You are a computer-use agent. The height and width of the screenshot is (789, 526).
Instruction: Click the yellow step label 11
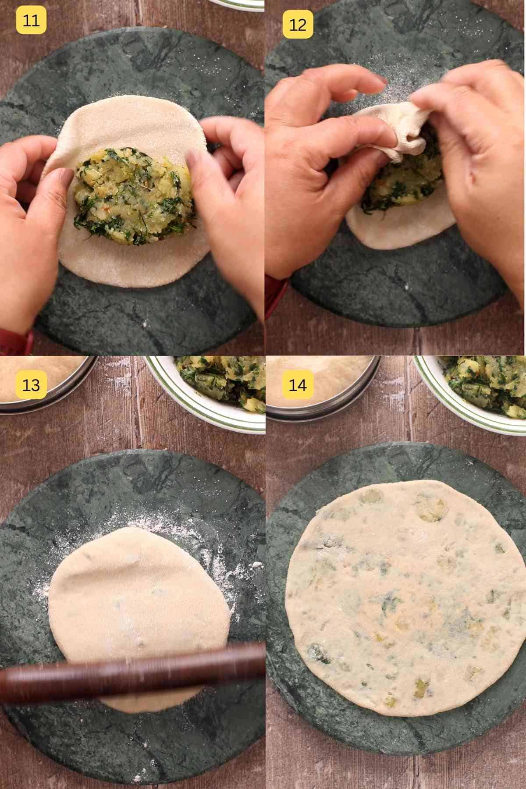click(x=31, y=21)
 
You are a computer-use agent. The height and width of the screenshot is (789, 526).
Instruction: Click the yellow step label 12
click(x=298, y=25)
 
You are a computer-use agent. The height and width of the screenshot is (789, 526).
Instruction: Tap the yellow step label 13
click(x=31, y=385)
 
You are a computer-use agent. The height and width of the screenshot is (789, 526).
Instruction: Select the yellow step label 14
click(x=298, y=385)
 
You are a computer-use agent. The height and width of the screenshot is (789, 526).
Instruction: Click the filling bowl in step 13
click(x=210, y=386)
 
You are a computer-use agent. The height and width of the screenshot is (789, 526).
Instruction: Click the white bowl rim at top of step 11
click(x=237, y=4)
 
